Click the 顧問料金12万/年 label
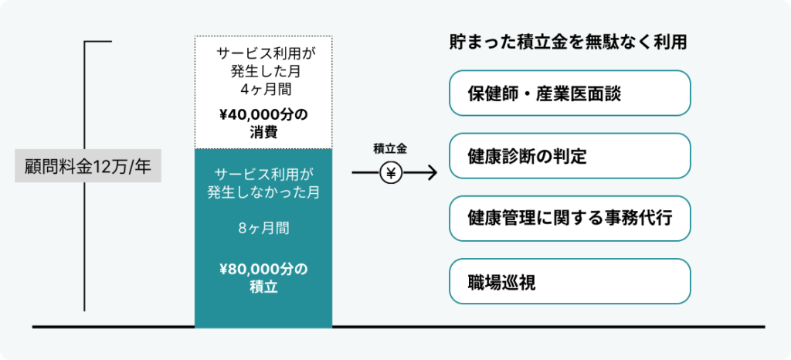point(88,166)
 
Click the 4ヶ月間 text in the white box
point(263,90)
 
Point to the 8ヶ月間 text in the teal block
point(263,229)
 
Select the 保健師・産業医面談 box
point(569,93)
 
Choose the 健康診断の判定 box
point(569,156)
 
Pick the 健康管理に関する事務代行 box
point(569,219)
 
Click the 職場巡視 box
point(569,281)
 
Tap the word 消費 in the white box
point(263,134)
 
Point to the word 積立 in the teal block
point(263,287)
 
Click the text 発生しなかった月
point(263,192)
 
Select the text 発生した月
point(263,72)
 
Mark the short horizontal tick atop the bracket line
point(98,42)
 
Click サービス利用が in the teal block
point(263,175)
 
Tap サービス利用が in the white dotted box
point(263,53)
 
